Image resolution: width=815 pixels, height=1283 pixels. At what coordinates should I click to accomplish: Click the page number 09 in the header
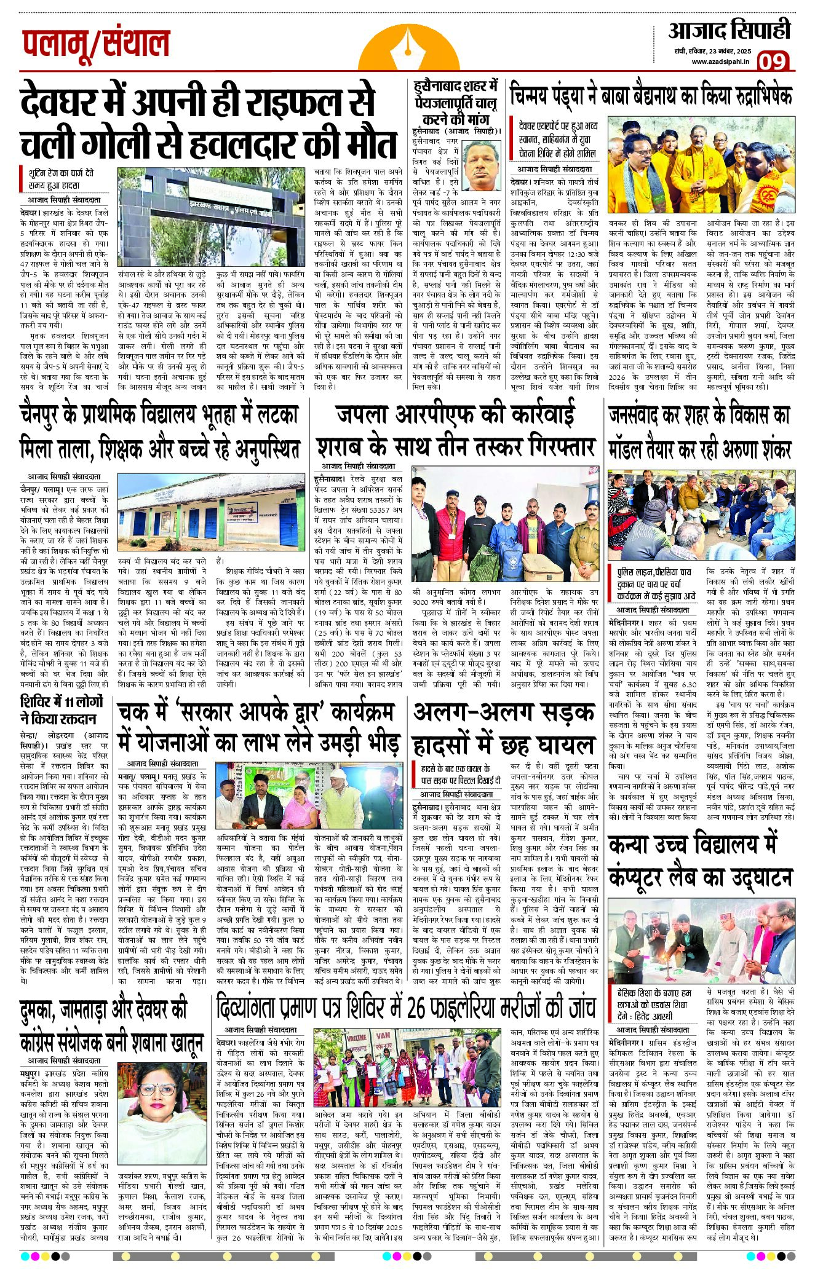click(x=772, y=60)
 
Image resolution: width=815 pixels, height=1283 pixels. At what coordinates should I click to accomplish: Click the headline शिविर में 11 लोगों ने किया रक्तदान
click(x=62, y=710)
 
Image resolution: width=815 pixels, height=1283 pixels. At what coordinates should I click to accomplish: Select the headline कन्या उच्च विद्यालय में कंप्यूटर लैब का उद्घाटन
click(x=700, y=861)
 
